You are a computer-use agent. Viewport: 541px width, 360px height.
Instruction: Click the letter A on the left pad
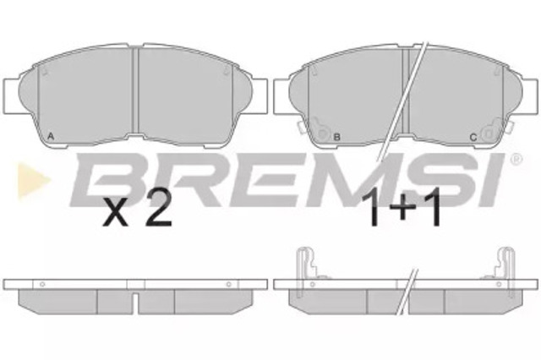[x=51, y=137]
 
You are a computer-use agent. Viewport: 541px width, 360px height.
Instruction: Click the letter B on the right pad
[x=337, y=137]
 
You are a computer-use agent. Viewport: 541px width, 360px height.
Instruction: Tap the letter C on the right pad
[x=473, y=137]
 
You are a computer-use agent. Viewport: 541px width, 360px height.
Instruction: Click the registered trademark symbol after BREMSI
[x=516, y=159]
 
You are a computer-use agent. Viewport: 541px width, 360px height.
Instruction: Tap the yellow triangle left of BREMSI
[x=34, y=181]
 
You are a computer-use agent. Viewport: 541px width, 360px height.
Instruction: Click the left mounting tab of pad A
[x=11, y=96]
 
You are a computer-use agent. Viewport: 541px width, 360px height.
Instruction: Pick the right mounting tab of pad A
[x=260, y=96]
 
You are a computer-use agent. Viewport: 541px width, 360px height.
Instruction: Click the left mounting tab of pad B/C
[x=281, y=96]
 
